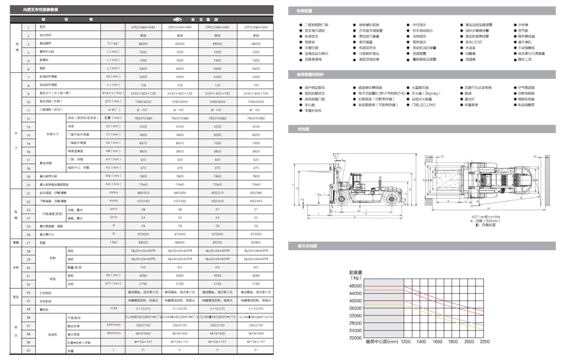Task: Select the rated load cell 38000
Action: pyautogui.click(x=143, y=44)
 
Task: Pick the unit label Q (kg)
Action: pyautogui.click(x=113, y=44)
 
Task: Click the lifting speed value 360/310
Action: pyautogui.click(x=143, y=193)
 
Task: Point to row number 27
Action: pyautogui.click(x=28, y=243)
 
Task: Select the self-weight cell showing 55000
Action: pyautogui.click(x=143, y=243)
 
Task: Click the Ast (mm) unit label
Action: pyautogui.click(x=113, y=185)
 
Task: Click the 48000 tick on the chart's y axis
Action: pyautogui.click(x=355, y=286)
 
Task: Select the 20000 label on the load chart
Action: pyautogui.click(x=355, y=338)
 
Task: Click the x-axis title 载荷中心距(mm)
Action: pyautogui.click(x=382, y=341)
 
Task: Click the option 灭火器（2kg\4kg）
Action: pyautogui.click(x=426, y=93)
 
